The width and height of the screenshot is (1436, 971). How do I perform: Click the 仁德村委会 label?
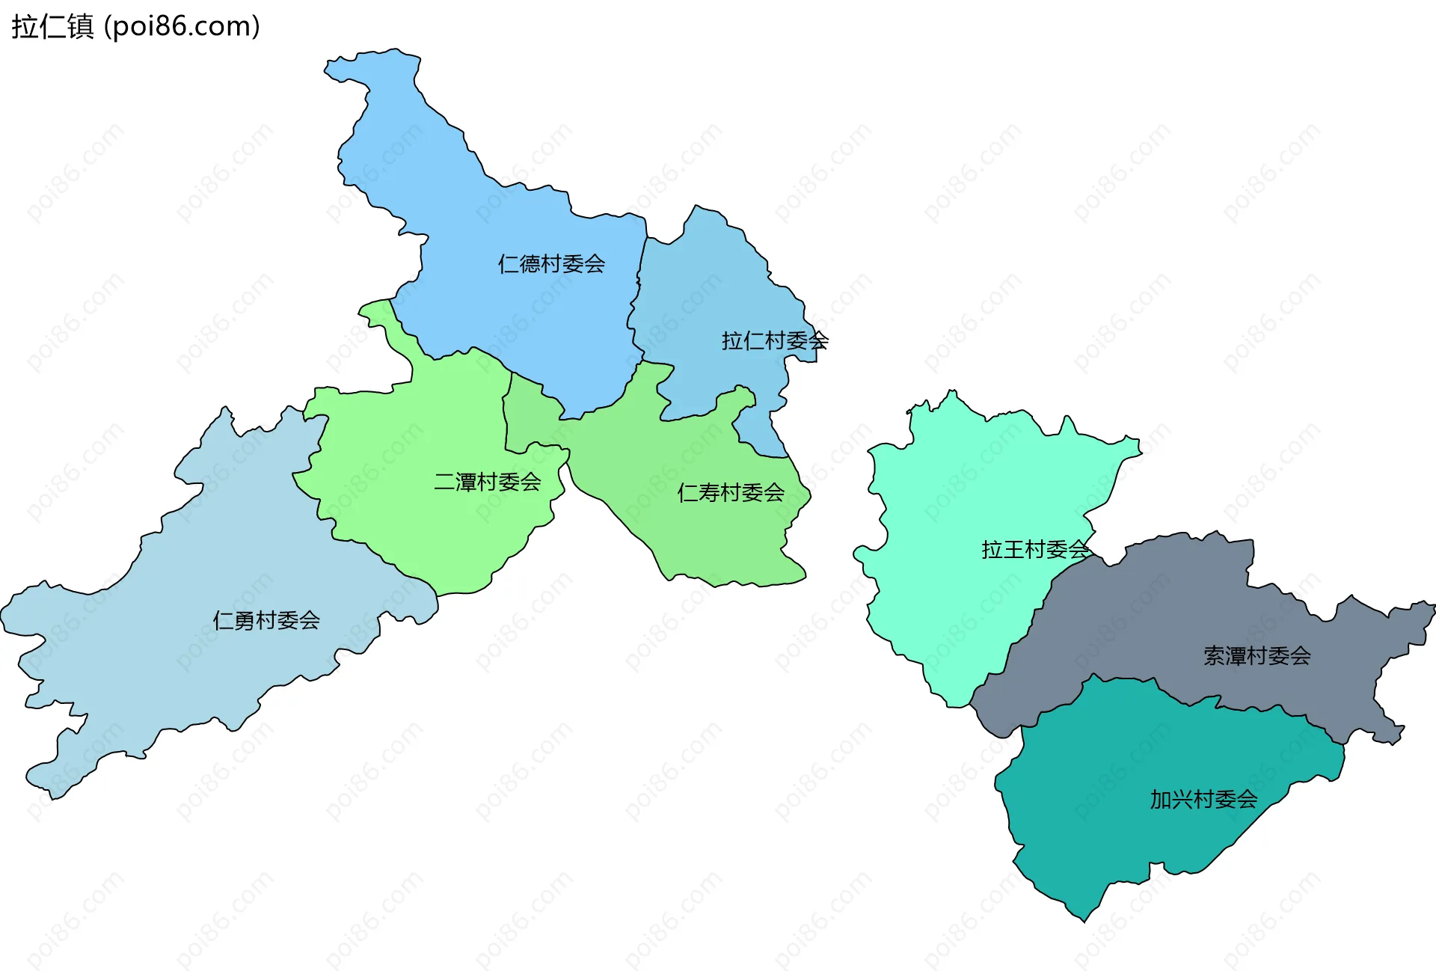(551, 264)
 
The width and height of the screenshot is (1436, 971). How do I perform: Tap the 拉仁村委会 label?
(774, 341)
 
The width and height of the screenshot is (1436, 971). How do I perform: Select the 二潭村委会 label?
(487, 483)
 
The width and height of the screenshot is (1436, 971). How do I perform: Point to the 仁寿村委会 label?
(730, 493)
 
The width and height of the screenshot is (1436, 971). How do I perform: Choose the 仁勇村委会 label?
(266, 621)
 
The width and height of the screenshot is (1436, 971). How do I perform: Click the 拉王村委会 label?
(1035, 550)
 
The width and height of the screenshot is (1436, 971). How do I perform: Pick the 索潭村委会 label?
(1256, 656)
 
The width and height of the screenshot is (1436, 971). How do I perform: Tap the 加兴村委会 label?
(1203, 800)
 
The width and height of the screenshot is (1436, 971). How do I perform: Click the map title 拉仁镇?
(52, 27)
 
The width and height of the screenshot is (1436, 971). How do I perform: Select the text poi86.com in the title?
(182, 27)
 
